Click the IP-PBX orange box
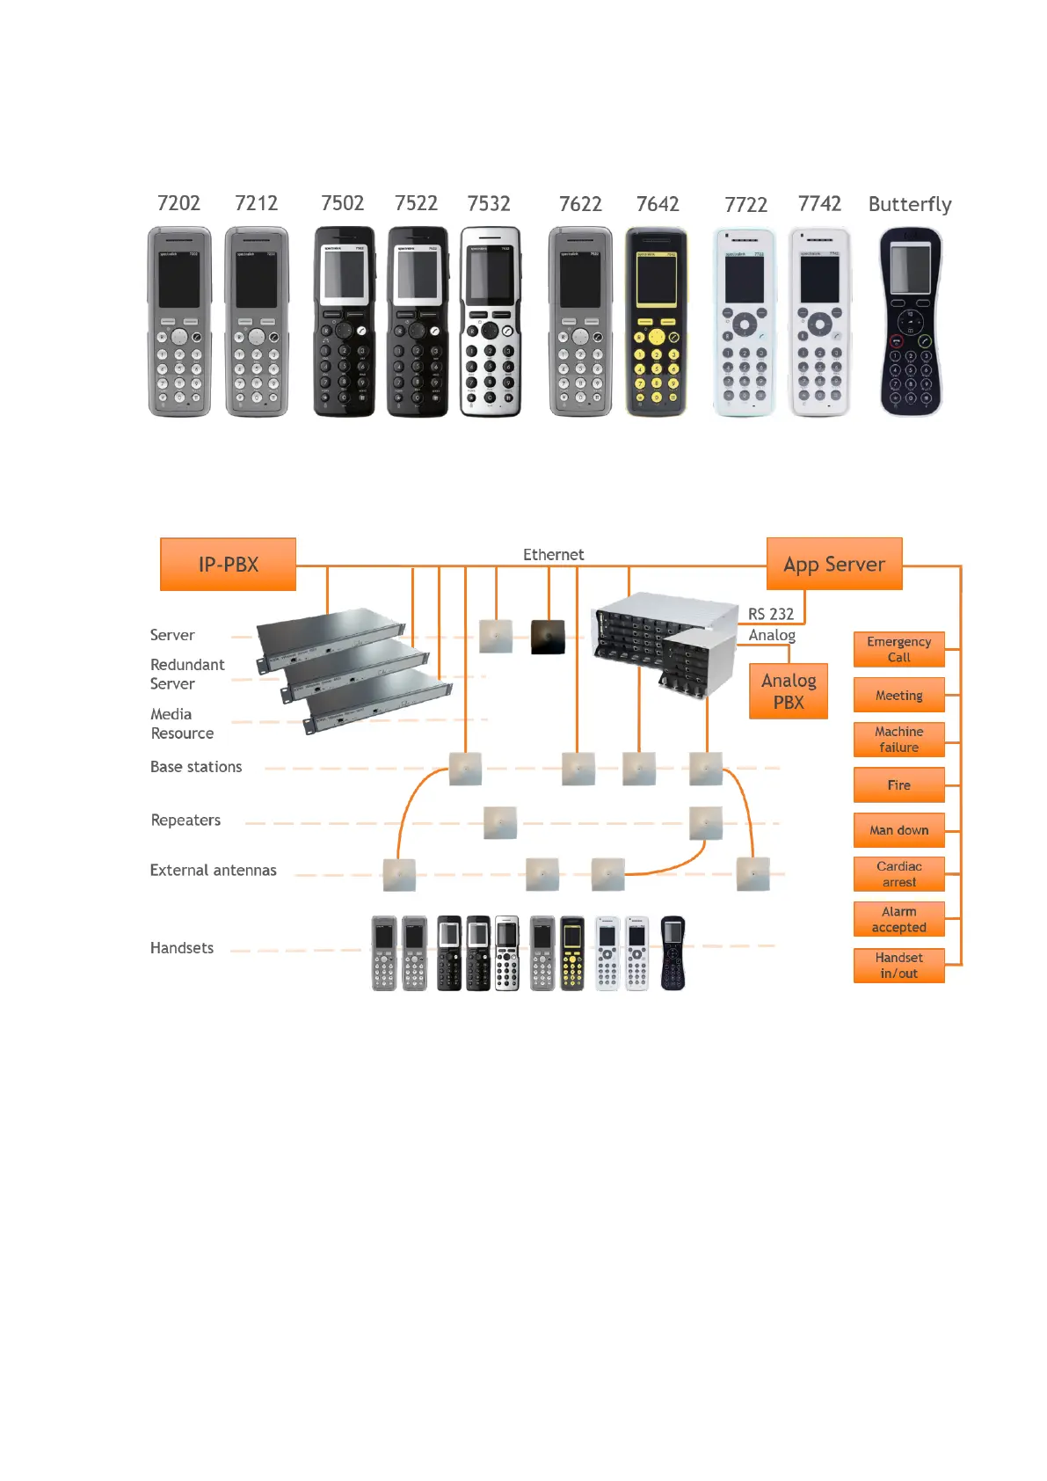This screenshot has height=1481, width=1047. point(228,565)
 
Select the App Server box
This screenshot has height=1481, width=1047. point(834,564)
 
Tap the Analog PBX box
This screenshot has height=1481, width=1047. point(789,691)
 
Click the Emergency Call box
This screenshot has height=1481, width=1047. point(898,649)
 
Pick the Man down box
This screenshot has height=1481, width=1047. point(898,829)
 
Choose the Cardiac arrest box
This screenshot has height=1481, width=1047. point(898,874)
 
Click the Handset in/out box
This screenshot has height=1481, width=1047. point(898,965)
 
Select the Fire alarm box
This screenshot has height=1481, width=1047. point(898,784)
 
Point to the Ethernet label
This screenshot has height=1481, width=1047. point(553,555)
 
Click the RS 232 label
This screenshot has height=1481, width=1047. point(771,614)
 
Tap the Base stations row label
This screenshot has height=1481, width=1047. point(196,767)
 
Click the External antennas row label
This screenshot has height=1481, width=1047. point(213,870)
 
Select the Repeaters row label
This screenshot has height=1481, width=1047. point(185,821)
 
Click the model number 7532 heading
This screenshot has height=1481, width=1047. point(489,204)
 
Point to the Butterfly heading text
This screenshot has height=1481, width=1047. point(910,205)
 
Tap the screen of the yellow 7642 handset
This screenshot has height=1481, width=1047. point(656,281)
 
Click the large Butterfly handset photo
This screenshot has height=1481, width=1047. point(911,321)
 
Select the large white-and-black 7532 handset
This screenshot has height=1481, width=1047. point(491,321)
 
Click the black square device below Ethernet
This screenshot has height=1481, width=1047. point(548,637)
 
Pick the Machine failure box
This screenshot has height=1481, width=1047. point(898,740)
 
